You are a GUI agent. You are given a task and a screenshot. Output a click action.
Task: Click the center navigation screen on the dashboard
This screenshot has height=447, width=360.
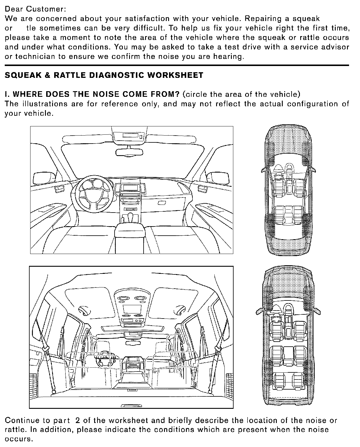pyautogui.click(x=131, y=187)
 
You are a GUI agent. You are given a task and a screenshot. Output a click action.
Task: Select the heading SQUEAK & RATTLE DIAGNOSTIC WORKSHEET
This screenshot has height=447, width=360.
pyautogui.click(x=104, y=75)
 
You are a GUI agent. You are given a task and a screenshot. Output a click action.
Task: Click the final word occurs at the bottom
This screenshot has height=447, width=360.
pyautogui.click(x=18, y=439)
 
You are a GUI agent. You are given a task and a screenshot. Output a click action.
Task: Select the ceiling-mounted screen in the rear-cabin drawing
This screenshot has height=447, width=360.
pyautogui.click(x=131, y=309)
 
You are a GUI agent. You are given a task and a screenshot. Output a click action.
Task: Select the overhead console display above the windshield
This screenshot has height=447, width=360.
pyautogui.click(x=131, y=136)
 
